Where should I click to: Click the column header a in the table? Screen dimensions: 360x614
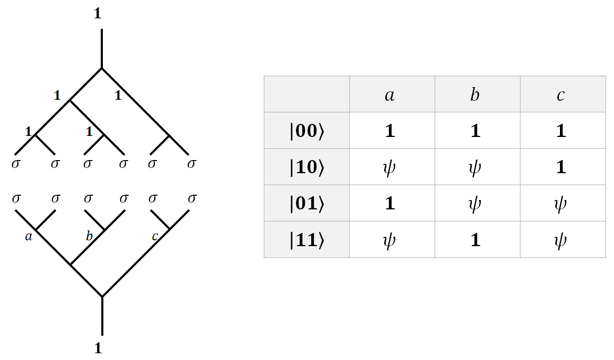389,96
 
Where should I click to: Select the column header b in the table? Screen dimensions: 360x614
475,95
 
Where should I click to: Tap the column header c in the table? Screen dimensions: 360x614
561,96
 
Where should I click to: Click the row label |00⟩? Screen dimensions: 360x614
307,131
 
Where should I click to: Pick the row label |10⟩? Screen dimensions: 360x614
307,167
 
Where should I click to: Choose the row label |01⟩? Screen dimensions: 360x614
307,204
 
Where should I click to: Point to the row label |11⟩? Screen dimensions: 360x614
307,240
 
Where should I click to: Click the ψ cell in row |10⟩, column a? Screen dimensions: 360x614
389,167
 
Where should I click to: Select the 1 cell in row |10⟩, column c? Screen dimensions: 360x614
561,167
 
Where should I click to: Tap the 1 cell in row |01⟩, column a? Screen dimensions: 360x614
389,204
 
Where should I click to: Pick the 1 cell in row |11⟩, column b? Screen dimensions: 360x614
475,240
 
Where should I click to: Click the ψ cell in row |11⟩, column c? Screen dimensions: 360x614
561,240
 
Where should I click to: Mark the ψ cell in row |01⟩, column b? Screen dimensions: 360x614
475,204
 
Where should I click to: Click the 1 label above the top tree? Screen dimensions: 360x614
98,14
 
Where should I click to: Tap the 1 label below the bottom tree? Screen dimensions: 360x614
98,348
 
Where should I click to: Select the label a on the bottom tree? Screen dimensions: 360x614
28,237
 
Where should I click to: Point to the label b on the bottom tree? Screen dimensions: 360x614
89,236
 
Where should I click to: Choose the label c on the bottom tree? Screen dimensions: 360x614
155,237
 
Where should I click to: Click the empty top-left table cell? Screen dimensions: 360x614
307,94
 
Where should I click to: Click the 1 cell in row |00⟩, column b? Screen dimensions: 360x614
475,131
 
